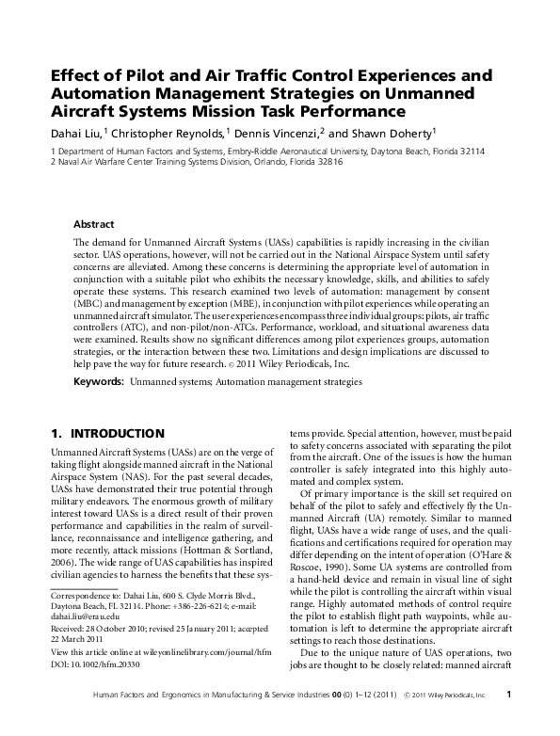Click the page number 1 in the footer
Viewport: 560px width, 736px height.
[x=508, y=721]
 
